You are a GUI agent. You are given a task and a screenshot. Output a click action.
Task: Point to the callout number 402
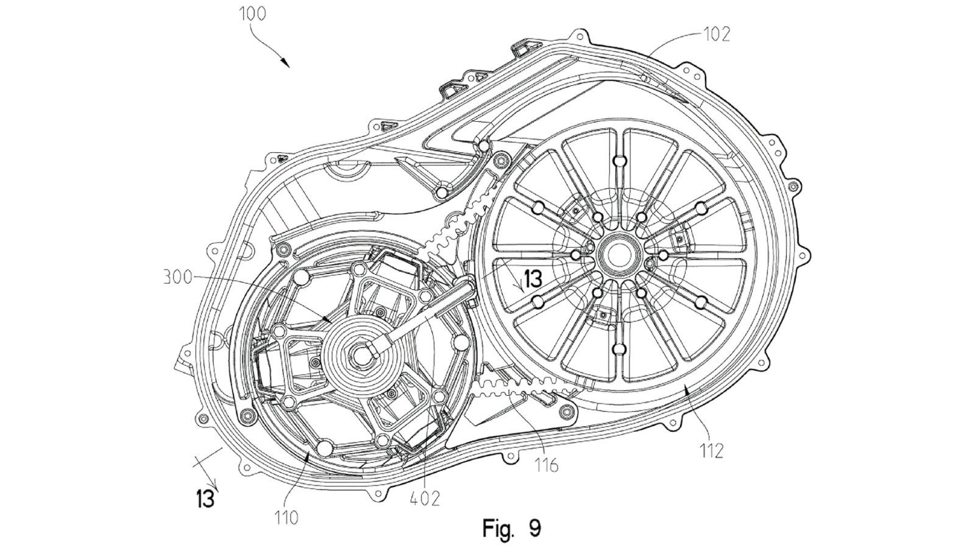point(425,498)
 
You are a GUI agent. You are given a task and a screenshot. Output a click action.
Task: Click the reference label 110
point(286,518)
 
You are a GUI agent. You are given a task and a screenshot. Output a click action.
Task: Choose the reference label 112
point(711,451)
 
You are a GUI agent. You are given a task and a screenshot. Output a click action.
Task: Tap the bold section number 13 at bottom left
point(205,499)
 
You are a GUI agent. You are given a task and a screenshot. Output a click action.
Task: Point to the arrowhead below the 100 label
point(285,63)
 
